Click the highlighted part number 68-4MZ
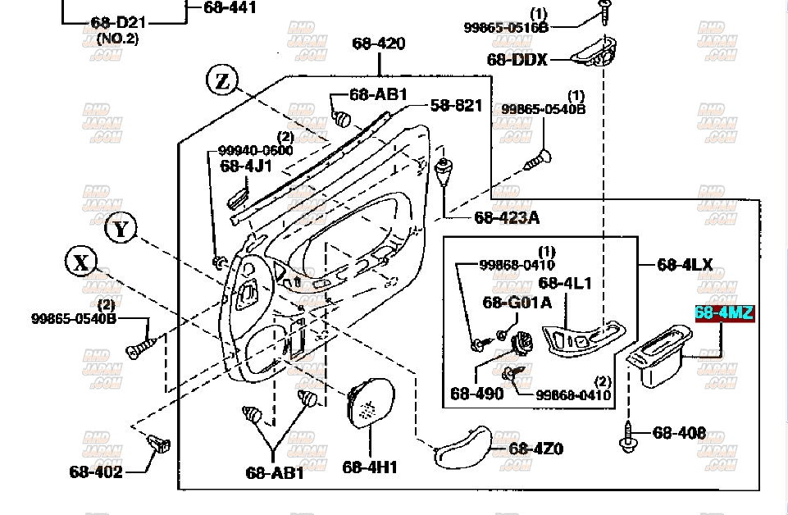[724, 312]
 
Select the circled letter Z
[222, 80]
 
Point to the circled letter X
[81, 262]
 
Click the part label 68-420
[379, 43]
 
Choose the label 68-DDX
[517, 59]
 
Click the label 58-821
[456, 105]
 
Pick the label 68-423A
[507, 217]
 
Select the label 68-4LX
[685, 265]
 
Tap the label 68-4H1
[370, 467]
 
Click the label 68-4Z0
[536, 449]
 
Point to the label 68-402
[96, 471]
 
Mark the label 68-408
[680, 432]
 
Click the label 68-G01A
[517, 303]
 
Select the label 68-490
[476, 394]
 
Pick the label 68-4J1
[245, 166]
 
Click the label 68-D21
[118, 22]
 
